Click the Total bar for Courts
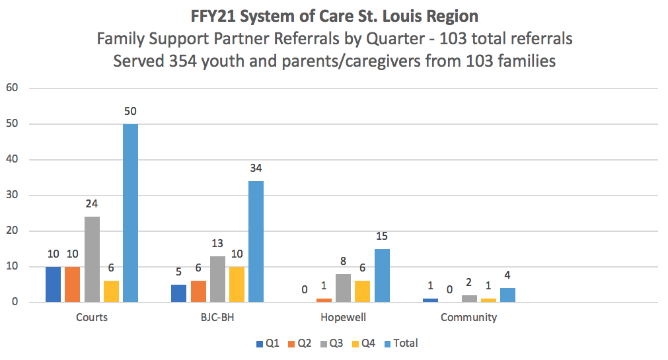click(130, 213)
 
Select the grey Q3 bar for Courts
click(92, 260)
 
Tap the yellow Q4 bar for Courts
click(111, 291)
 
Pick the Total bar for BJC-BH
click(256, 242)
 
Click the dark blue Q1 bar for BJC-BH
click(179, 293)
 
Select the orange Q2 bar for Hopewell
click(324, 301)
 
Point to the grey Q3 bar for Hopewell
click(344, 288)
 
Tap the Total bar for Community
click(508, 295)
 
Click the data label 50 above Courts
click(130, 111)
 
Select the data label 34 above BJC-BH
click(256, 168)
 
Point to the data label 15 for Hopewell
click(382, 236)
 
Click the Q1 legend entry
click(268, 343)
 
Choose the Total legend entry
click(401, 343)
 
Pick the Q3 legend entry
click(332, 343)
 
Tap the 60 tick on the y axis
click(12, 88)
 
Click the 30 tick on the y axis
click(12, 195)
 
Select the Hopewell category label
click(344, 318)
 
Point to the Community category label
click(468, 318)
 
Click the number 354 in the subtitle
click(183, 61)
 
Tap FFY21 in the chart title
click(213, 17)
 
